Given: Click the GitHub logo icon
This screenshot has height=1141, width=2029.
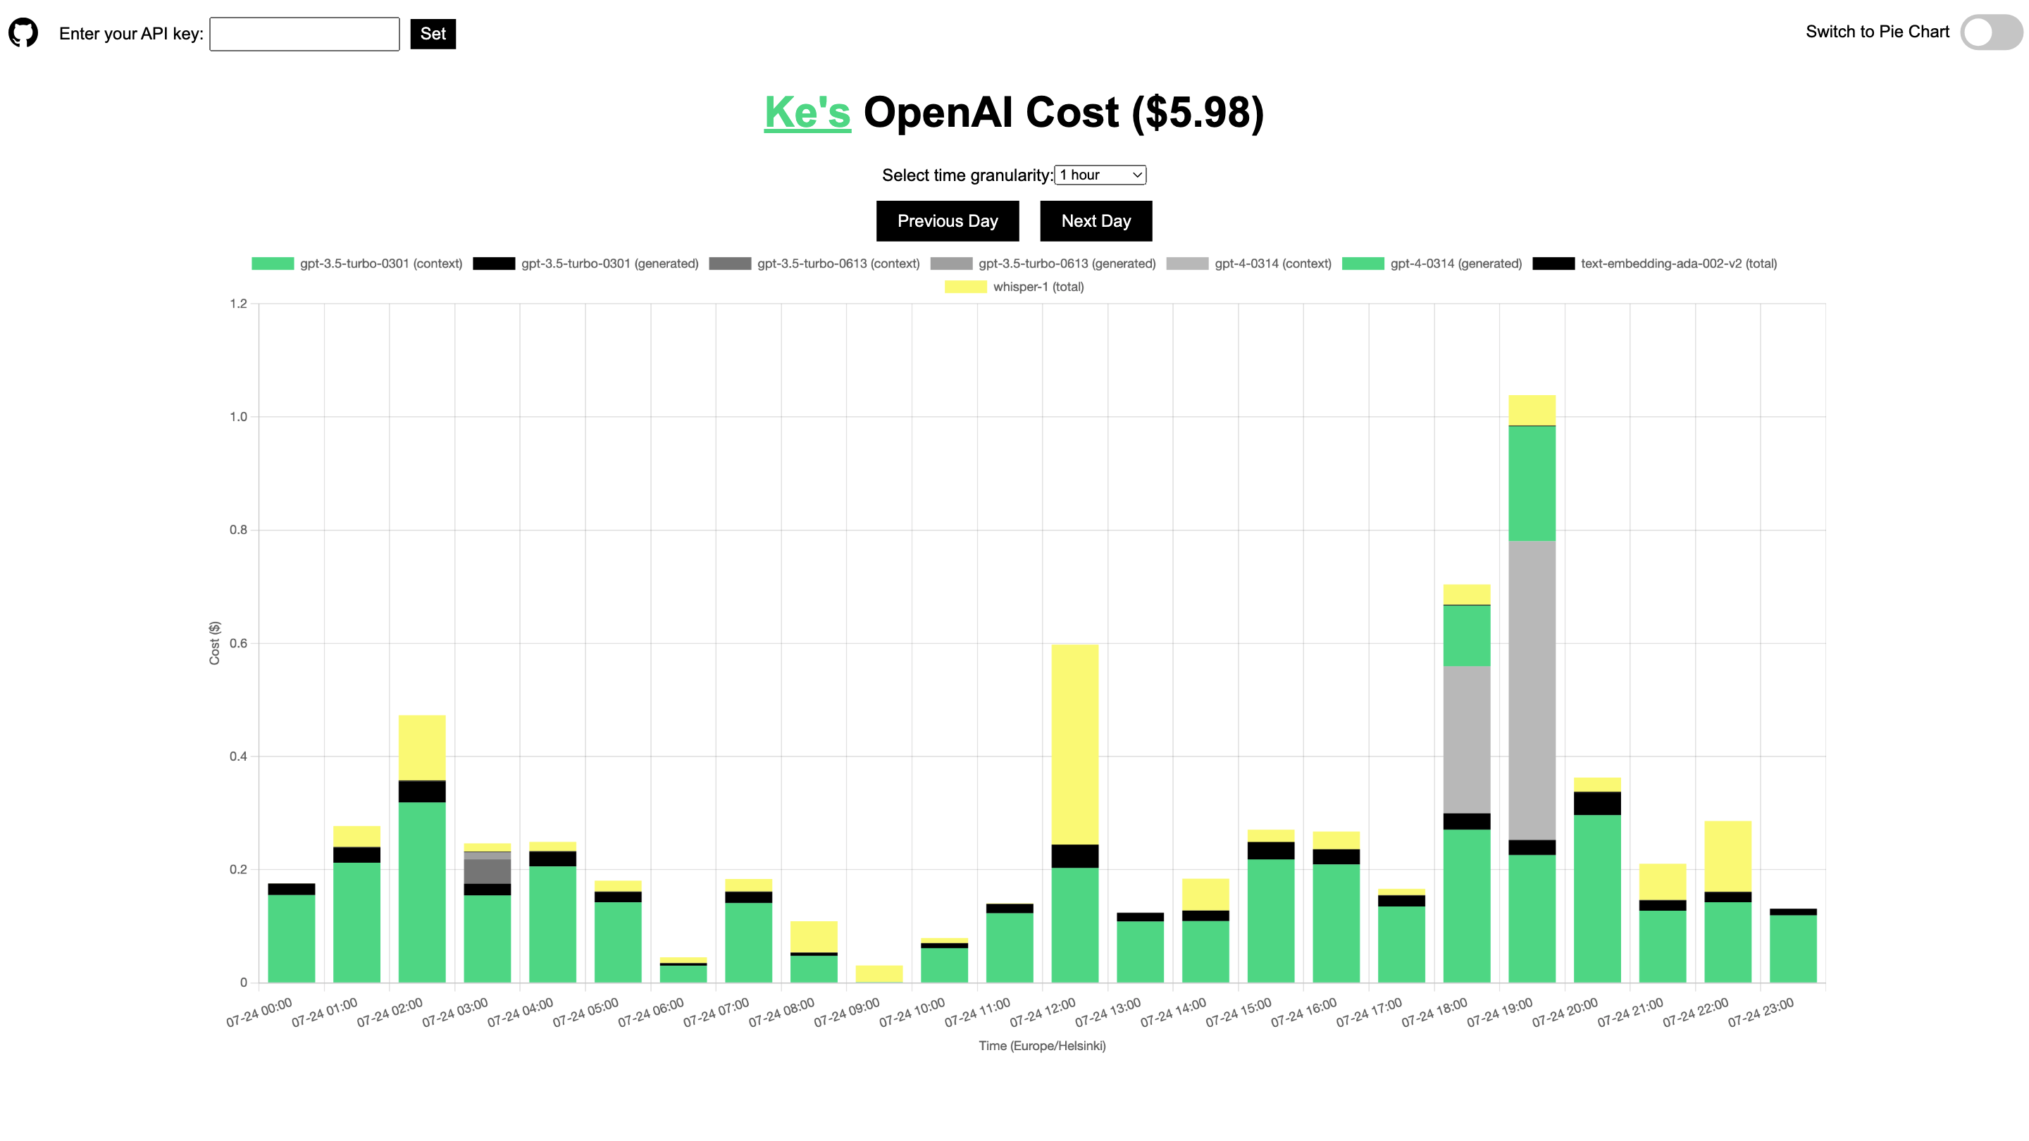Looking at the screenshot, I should point(23,33).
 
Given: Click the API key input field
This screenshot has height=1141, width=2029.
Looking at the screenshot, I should point(304,34).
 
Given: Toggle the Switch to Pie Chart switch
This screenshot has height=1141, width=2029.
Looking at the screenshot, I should point(1990,33).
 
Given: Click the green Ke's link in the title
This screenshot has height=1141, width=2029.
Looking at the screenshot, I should point(807,113).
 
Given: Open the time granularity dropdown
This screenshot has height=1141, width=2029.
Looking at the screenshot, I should point(1100,175).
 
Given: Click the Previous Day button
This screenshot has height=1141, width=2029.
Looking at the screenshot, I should point(947,221).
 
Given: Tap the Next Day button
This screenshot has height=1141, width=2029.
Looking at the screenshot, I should point(1096,221).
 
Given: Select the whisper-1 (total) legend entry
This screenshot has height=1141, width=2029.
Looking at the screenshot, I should point(1014,287).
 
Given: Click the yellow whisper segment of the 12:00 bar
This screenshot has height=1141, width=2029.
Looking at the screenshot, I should point(1074,744).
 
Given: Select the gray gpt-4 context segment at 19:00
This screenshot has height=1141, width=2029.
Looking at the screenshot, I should point(1531,690).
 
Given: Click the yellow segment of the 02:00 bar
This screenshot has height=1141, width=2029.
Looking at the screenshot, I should point(421,747).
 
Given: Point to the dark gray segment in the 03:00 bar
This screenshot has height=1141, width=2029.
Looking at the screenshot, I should point(487,871).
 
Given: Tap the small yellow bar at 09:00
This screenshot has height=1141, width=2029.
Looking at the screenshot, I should point(879,973).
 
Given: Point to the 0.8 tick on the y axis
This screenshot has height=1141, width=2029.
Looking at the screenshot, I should point(238,530).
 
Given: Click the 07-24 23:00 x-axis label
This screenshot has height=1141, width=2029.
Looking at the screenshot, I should point(1761,1013).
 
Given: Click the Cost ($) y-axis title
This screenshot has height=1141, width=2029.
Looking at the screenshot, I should point(214,643).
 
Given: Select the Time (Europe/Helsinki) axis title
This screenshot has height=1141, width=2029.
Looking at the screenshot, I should point(1041,1046).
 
